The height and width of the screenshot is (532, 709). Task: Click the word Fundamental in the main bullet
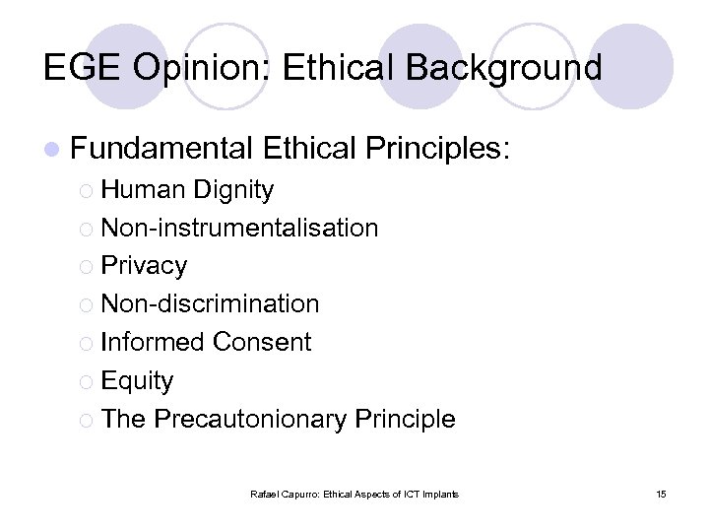[x=162, y=149]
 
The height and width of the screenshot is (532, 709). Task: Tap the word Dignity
[x=234, y=189]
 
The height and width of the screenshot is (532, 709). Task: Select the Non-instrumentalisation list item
[x=239, y=228]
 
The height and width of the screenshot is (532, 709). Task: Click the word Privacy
[x=144, y=266]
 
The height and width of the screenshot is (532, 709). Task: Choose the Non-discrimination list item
[x=210, y=303]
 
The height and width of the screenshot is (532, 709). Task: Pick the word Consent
[x=262, y=342]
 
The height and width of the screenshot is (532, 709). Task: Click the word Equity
[x=137, y=380]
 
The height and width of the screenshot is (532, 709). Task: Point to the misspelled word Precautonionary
[x=250, y=419]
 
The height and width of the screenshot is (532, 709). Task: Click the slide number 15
[x=660, y=494]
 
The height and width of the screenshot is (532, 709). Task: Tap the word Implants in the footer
[x=439, y=494]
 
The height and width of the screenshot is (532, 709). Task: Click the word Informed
[x=153, y=342]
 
